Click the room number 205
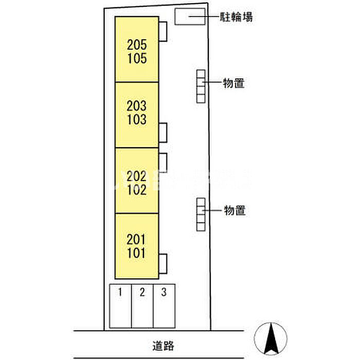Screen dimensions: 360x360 point(136,45)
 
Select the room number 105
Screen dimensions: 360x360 point(136,58)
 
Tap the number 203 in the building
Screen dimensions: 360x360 point(136,107)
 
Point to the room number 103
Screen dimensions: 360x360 point(136,120)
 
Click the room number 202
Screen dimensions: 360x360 point(136,175)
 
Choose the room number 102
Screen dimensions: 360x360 point(136,189)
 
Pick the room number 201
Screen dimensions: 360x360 point(136,240)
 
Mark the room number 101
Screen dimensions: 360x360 point(136,253)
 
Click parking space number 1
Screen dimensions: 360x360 point(120,293)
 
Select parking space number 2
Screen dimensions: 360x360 point(142,293)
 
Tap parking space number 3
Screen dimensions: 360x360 point(164,293)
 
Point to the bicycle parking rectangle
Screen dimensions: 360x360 point(189,17)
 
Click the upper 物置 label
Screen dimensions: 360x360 point(233,82)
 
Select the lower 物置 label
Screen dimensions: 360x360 point(234,210)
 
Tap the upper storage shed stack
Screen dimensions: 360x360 point(201,86)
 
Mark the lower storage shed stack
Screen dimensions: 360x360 point(201,214)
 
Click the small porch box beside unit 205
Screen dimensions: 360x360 point(163,31)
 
